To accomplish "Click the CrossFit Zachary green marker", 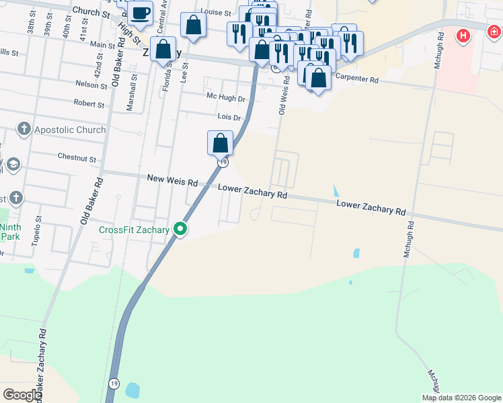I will tap(180, 230).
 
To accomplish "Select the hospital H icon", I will tap(463, 36).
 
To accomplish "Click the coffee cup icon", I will tap(140, 13).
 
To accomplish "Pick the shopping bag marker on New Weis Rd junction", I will tap(220, 143).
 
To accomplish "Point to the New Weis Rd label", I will tap(172, 181).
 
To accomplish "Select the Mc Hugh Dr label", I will tap(225, 99).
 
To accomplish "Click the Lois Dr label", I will tap(229, 117).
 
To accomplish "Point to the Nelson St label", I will tap(91, 85).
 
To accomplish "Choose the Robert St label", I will tap(89, 105).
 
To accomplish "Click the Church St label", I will tap(91, 13).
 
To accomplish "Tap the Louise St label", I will tap(216, 13).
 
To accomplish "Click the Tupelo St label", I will tap(36, 231).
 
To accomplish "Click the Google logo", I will tap(22, 395).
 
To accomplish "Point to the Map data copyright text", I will tap(461, 398).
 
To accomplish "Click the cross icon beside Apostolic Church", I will tap(24, 129).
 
